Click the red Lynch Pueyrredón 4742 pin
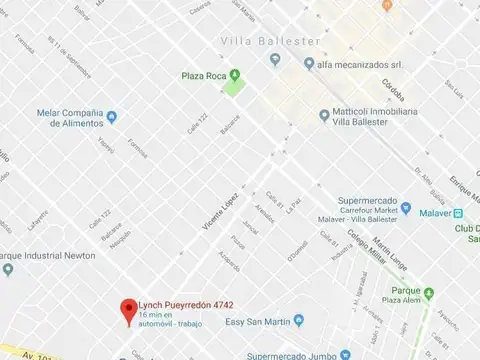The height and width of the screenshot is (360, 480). [127, 309]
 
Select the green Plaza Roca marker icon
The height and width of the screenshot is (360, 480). [234, 75]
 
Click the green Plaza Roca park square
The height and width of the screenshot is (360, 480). [234, 89]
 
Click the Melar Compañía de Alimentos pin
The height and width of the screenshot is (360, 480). [111, 117]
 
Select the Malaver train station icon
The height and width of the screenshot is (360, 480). [458, 213]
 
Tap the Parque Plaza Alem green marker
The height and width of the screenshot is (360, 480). [428, 293]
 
